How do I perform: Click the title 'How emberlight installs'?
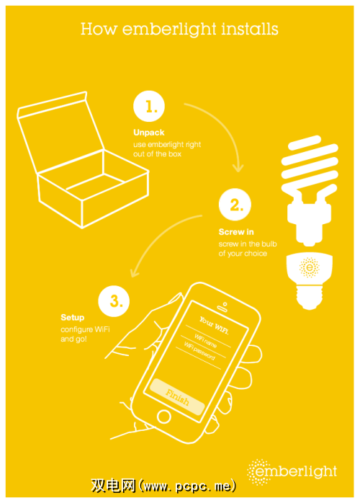tap(179, 30)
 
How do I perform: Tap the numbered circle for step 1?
tap(149, 106)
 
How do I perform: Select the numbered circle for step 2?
tap(235, 205)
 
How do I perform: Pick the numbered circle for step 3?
tap(114, 301)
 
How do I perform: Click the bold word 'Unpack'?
tap(149, 133)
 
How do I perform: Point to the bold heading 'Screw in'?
tap(236, 232)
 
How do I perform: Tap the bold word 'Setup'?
tap(73, 318)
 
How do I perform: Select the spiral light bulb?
tap(310, 190)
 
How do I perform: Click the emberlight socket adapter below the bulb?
tap(310, 281)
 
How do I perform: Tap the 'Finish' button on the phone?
tap(177, 397)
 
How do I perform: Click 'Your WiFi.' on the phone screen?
tap(214, 325)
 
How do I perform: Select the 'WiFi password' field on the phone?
tap(199, 351)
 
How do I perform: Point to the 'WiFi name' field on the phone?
tap(205, 341)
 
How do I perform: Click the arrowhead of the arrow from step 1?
tap(238, 168)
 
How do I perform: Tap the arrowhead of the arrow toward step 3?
tap(135, 273)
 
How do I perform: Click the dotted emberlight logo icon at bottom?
tap(259, 472)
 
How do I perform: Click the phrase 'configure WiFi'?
tap(85, 330)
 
